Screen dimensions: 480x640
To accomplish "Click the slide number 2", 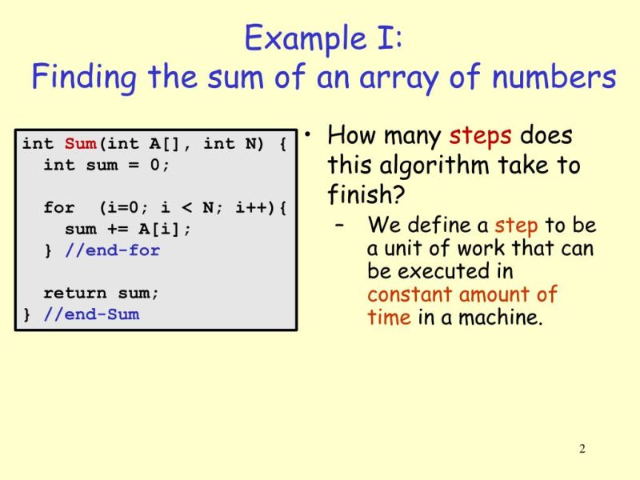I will click(582, 449).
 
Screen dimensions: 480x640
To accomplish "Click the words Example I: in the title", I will click(323, 38).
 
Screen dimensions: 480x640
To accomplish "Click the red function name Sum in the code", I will click(80, 144).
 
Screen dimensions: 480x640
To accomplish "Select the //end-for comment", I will click(112, 250).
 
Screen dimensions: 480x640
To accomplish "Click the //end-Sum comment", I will click(91, 314).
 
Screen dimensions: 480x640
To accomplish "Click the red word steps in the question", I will click(480, 136).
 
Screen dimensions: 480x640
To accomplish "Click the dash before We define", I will click(342, 226).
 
